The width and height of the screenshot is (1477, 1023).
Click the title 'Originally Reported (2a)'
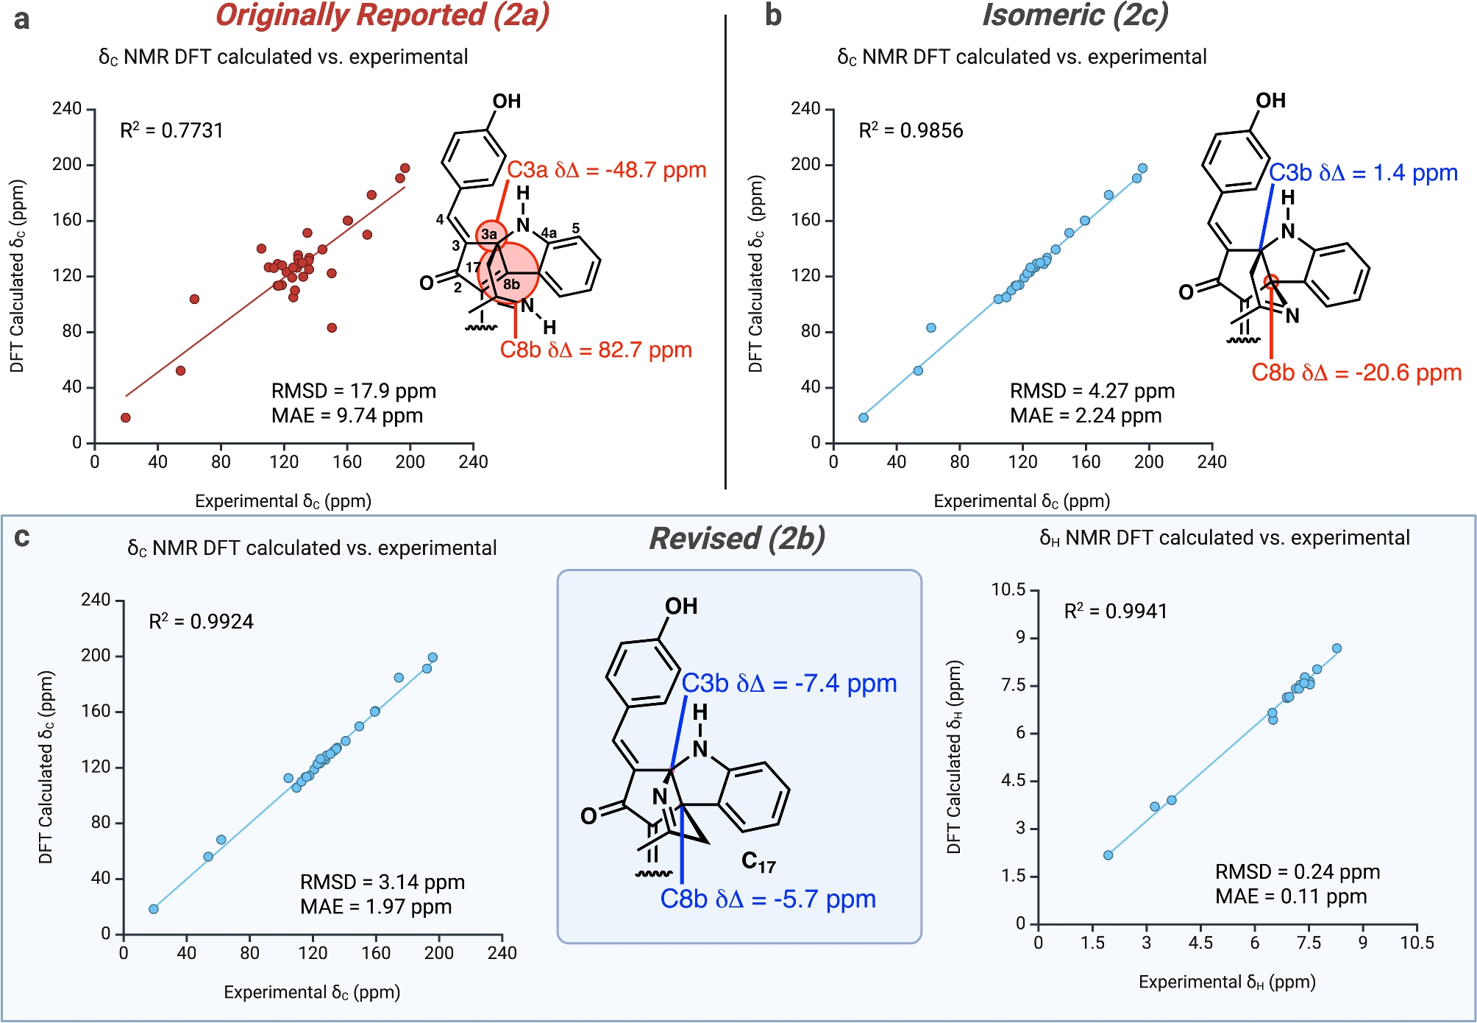point(382,16)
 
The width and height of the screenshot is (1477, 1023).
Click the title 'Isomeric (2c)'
point(1075,16)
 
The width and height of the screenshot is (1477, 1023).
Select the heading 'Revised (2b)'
point(737,539)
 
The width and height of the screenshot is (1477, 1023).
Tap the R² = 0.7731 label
point(171,131)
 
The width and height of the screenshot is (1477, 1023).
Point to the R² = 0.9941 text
point(1115,612)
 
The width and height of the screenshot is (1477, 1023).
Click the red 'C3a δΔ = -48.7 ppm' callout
point(606,170)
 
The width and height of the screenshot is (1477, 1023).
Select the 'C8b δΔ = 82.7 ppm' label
point(596,350)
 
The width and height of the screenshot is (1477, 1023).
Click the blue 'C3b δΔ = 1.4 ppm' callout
point(1363,173)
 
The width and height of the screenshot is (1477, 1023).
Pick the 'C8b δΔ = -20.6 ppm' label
point(1356,373)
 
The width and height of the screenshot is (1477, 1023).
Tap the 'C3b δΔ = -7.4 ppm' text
point(789,684)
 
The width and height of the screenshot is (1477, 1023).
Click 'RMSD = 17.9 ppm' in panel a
point(353,391)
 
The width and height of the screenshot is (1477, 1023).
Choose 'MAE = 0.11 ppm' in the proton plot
point(1290,896)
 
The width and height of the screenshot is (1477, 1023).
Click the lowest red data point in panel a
point(126,418)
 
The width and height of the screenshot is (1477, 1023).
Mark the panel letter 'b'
point(772,16)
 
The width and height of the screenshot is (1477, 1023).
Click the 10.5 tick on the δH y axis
point(1008,590)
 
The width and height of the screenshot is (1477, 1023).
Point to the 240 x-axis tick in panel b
point(1211,462)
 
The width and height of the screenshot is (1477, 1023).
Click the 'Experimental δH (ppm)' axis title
point(1226,982)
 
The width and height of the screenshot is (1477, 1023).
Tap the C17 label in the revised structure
point(758,862)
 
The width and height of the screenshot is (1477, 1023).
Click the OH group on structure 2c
point(1270,101)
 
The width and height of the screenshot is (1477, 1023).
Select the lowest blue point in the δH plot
point(1108,855)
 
